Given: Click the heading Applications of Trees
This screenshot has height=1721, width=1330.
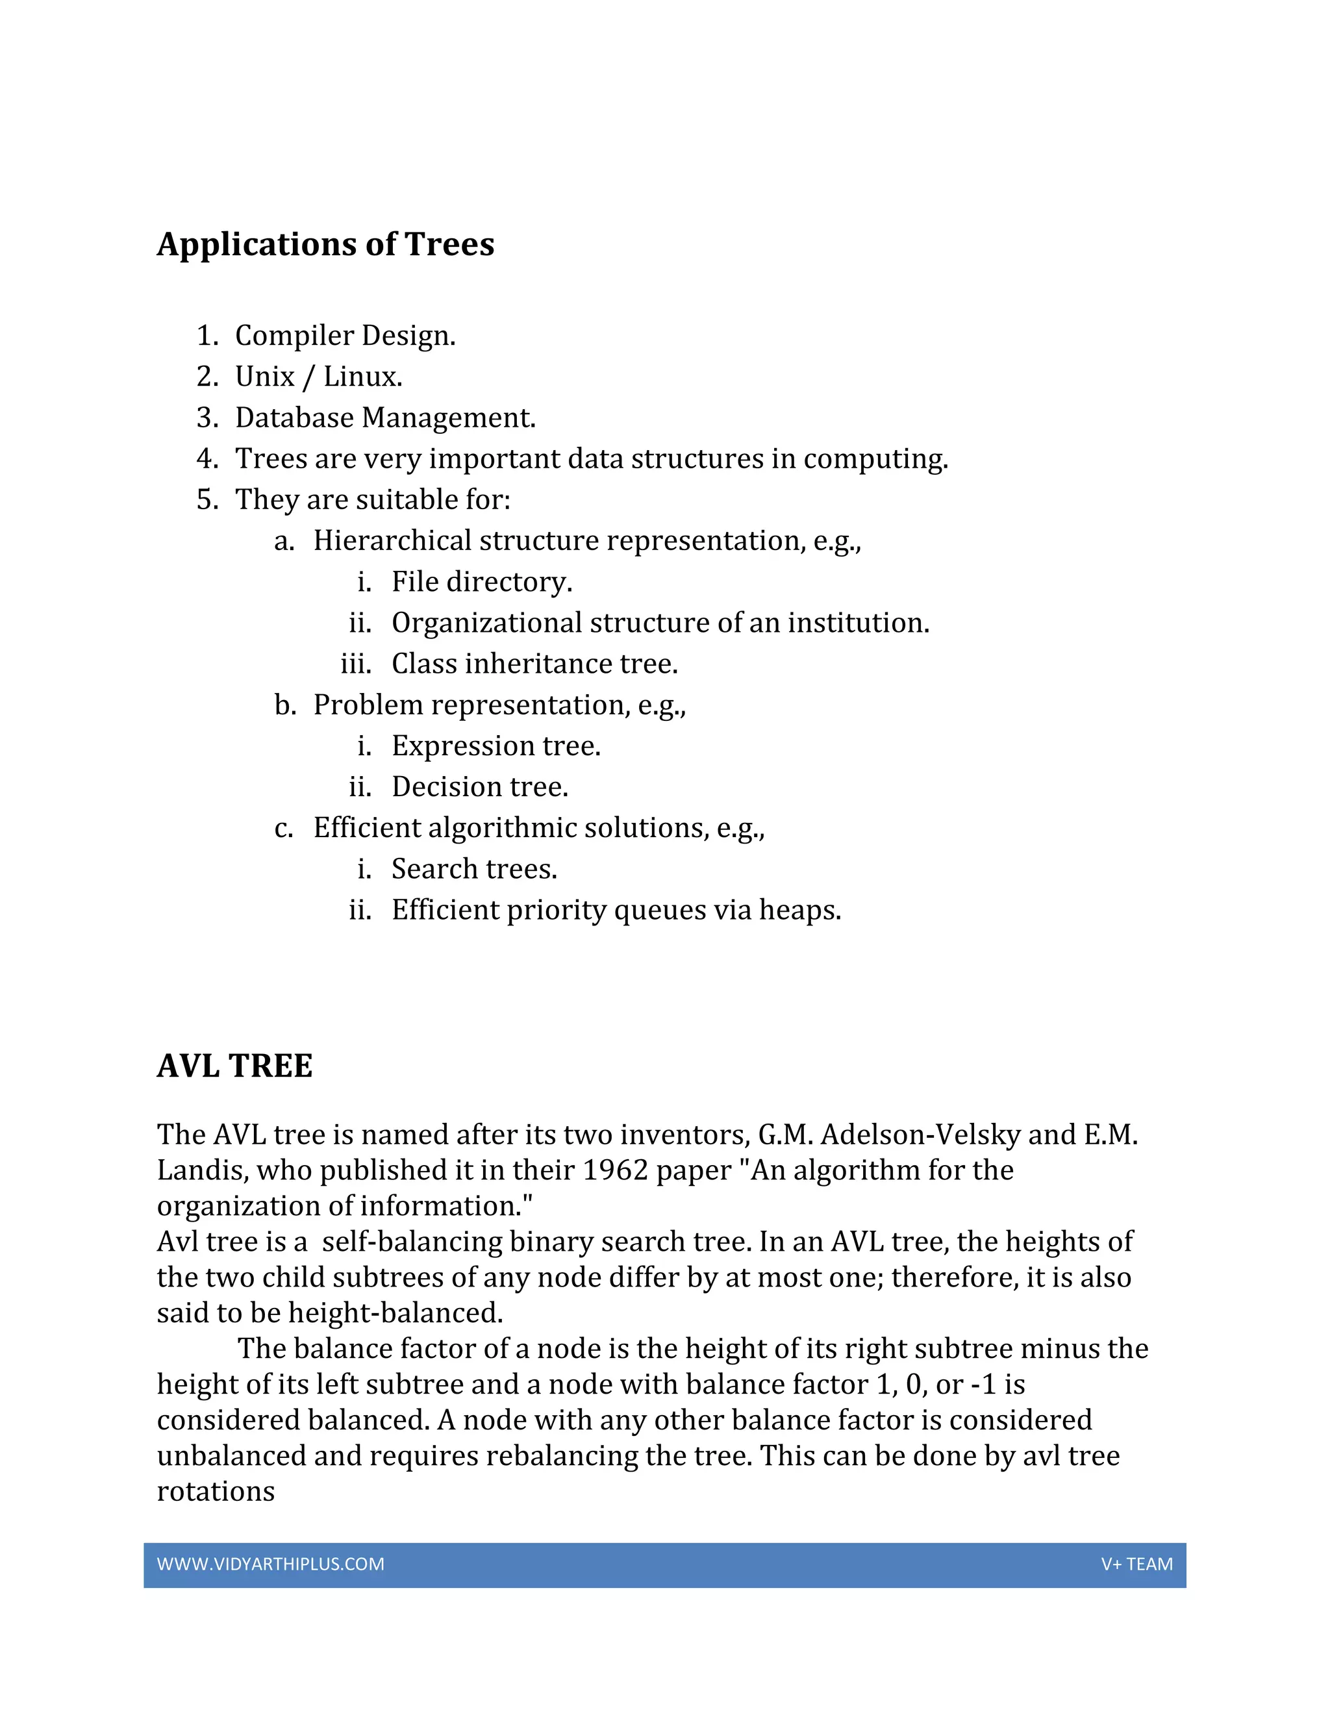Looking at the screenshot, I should click(325, 244).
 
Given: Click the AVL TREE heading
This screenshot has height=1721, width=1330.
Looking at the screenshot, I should click(235, 1066).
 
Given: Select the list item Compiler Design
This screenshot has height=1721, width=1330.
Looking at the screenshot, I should click(345, 336).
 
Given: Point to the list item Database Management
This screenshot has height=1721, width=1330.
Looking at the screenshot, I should click(384, 418).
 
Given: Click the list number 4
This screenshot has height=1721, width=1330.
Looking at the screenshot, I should click(207, 459).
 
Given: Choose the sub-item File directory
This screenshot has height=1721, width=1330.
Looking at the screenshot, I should click(481, 581).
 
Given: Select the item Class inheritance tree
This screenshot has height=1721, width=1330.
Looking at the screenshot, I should click(534, 664).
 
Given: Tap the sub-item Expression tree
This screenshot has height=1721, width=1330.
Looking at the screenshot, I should click(496, 746).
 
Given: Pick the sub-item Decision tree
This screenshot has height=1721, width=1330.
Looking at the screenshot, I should click(479, 786).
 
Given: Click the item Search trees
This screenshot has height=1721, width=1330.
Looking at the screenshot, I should click(474, 868).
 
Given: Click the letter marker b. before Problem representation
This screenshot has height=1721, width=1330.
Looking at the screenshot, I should click(284, 705).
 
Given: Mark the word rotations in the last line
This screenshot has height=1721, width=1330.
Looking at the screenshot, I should click(216, 1492).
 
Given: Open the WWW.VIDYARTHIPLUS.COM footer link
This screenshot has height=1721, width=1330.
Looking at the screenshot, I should click(270, 1564).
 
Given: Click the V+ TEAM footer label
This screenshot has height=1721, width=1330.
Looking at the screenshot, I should click(1136, 1564).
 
